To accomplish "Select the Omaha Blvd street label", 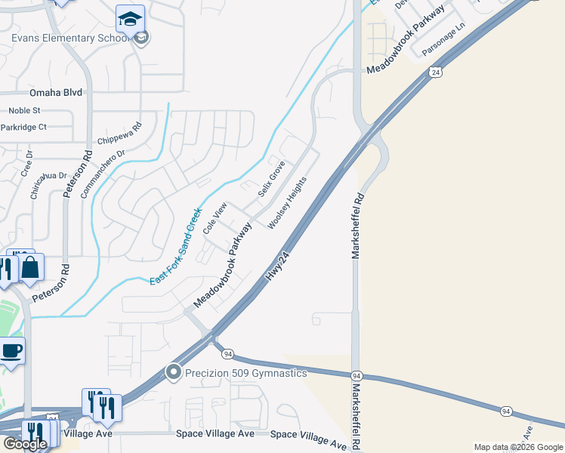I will (55, 93).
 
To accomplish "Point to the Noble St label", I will (24, 111).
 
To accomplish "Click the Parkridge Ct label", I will (23, 127).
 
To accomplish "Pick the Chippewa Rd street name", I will (120, 135).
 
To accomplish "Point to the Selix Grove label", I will (271, 178).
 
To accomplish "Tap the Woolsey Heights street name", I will (288, 202).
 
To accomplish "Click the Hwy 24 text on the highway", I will (278, 268).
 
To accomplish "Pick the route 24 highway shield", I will (435, 72).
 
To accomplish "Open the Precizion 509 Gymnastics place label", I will (246, 373).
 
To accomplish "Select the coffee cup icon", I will (11, 350).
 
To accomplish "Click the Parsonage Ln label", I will (444, 35).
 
